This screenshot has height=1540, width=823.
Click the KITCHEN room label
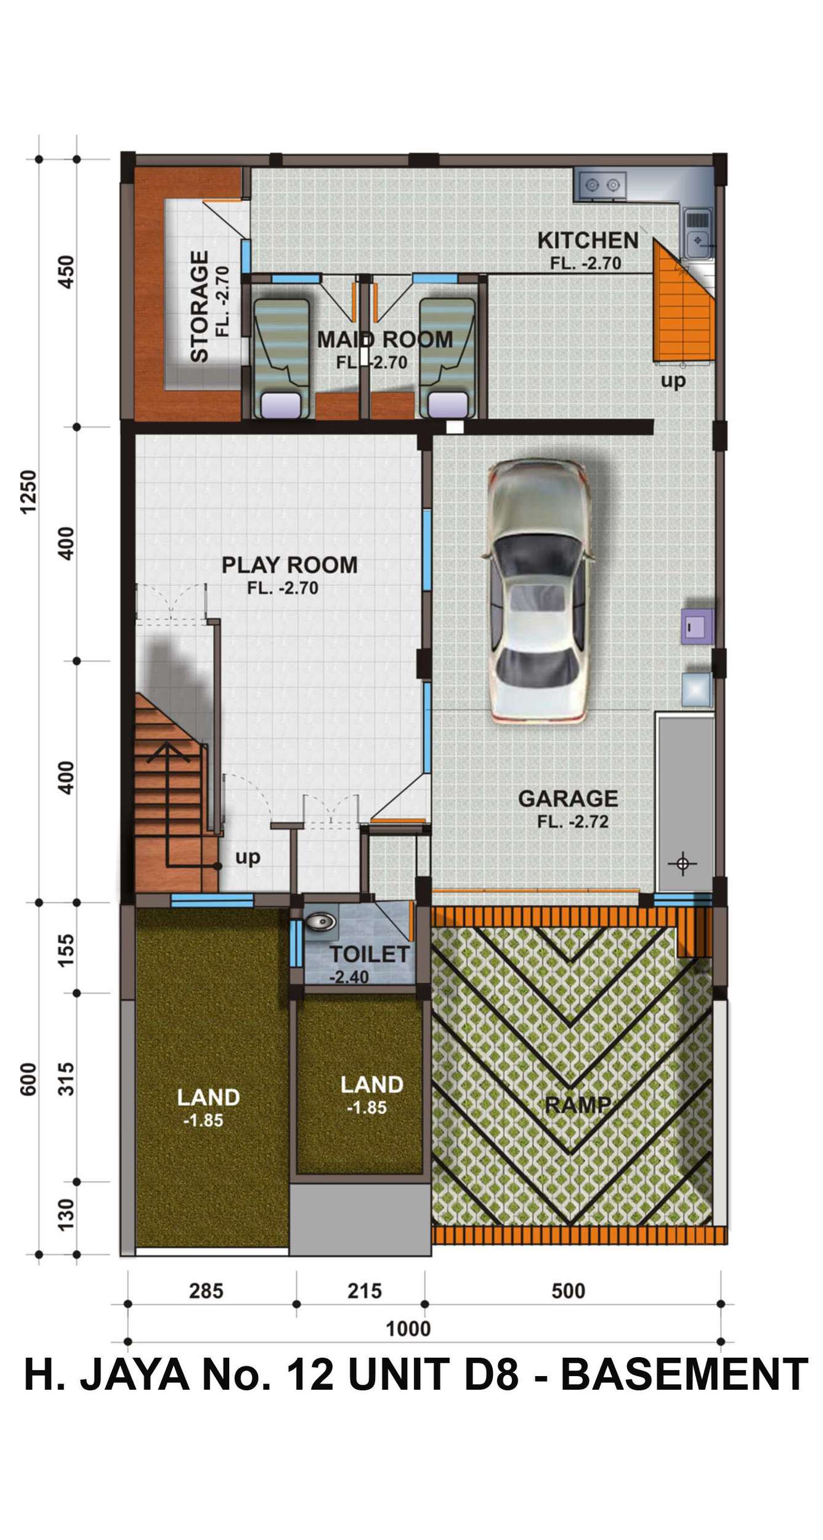coord(588,240)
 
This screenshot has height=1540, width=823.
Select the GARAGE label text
coord(568,798)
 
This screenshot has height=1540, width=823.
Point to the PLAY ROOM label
coord(290,565)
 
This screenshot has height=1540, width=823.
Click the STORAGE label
coord(200,306)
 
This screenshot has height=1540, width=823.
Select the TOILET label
coord(369,954)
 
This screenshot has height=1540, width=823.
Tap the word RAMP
coord(578,1104)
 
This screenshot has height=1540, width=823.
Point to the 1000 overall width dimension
coord(408,1329)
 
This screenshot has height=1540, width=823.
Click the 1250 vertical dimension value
coord(30,492)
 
